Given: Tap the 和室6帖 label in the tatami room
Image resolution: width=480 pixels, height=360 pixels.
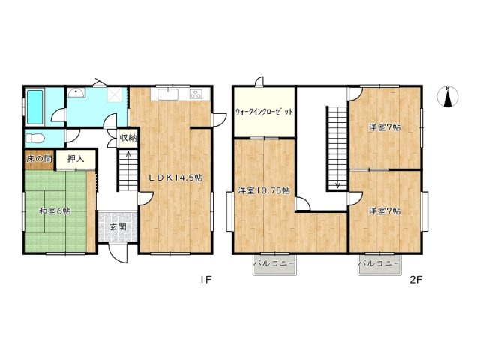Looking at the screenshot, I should [x=55, y=211].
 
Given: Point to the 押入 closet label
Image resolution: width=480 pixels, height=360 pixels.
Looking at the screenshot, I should [x=75, y=159].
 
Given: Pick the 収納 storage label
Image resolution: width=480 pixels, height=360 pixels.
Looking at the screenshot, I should [x=127, y=138].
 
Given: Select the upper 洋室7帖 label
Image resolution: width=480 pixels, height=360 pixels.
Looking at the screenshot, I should [x=384, y=127].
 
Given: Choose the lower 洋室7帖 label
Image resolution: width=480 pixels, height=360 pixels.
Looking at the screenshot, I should [x=384, y=211].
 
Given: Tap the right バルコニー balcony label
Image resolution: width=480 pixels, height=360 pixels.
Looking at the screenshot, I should [x=379, y=265].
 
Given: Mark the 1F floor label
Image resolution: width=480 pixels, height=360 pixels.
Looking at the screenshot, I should [x=206, y=281].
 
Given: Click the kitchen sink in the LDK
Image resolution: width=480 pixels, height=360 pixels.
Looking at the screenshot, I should [x=166, y=94].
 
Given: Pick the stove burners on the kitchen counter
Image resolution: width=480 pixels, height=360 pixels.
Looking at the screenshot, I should [x=196, y=94].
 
